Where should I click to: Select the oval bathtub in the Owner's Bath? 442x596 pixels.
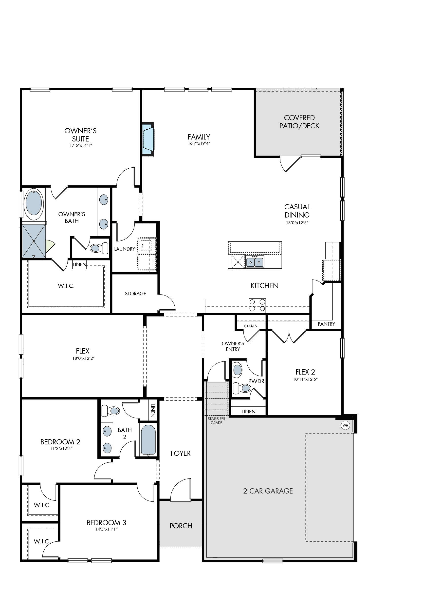[x=34, y=204]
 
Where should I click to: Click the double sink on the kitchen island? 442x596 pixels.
[x=255, y=262]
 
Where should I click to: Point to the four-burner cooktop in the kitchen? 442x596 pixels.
[x=257, y=305]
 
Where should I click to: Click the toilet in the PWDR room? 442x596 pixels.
[x=242, y=388]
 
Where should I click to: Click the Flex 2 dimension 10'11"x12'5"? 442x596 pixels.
[x=305, y=379]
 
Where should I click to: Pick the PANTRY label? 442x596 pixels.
[x=326, y=324]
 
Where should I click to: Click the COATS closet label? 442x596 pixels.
[x=250, y=326]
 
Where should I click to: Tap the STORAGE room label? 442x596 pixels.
[x=135, y=294]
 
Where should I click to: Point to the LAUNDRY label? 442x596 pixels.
[x=125, y=249]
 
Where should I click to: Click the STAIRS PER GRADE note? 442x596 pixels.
[x=217, y=421]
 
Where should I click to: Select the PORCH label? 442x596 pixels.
[x=181, y=526]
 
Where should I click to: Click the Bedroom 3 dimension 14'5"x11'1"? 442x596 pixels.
[x=107, y=529]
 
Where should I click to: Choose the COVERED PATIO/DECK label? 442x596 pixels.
[x=299, y=122]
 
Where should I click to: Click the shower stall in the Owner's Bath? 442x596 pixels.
[x=34, y=241]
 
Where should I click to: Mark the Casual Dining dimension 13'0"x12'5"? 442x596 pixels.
[x=297, y=222]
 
